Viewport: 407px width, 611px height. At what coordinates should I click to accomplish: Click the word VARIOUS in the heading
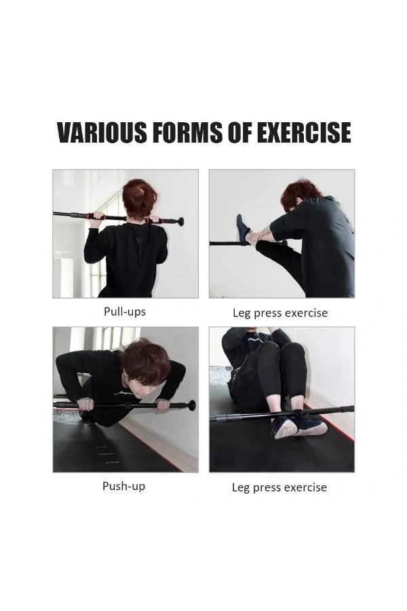click(102, 132)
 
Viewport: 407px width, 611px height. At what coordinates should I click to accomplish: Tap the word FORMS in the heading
click(187, 132)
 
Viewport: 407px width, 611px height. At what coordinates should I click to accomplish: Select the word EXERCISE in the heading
click(304, 132)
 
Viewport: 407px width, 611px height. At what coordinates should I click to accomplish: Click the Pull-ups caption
click(125, 312)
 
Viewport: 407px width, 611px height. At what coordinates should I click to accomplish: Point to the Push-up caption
click(124, 486)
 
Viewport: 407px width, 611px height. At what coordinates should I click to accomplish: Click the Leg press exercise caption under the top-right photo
click(280, 313)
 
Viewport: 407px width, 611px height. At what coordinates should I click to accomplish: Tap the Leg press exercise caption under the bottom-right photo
click(279, 487)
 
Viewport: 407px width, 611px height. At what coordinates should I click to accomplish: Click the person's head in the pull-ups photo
click(138, 198)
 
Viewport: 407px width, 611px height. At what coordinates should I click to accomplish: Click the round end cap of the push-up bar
click(191, 405)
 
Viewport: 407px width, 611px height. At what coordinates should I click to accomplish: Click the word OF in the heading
click(239, 132)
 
